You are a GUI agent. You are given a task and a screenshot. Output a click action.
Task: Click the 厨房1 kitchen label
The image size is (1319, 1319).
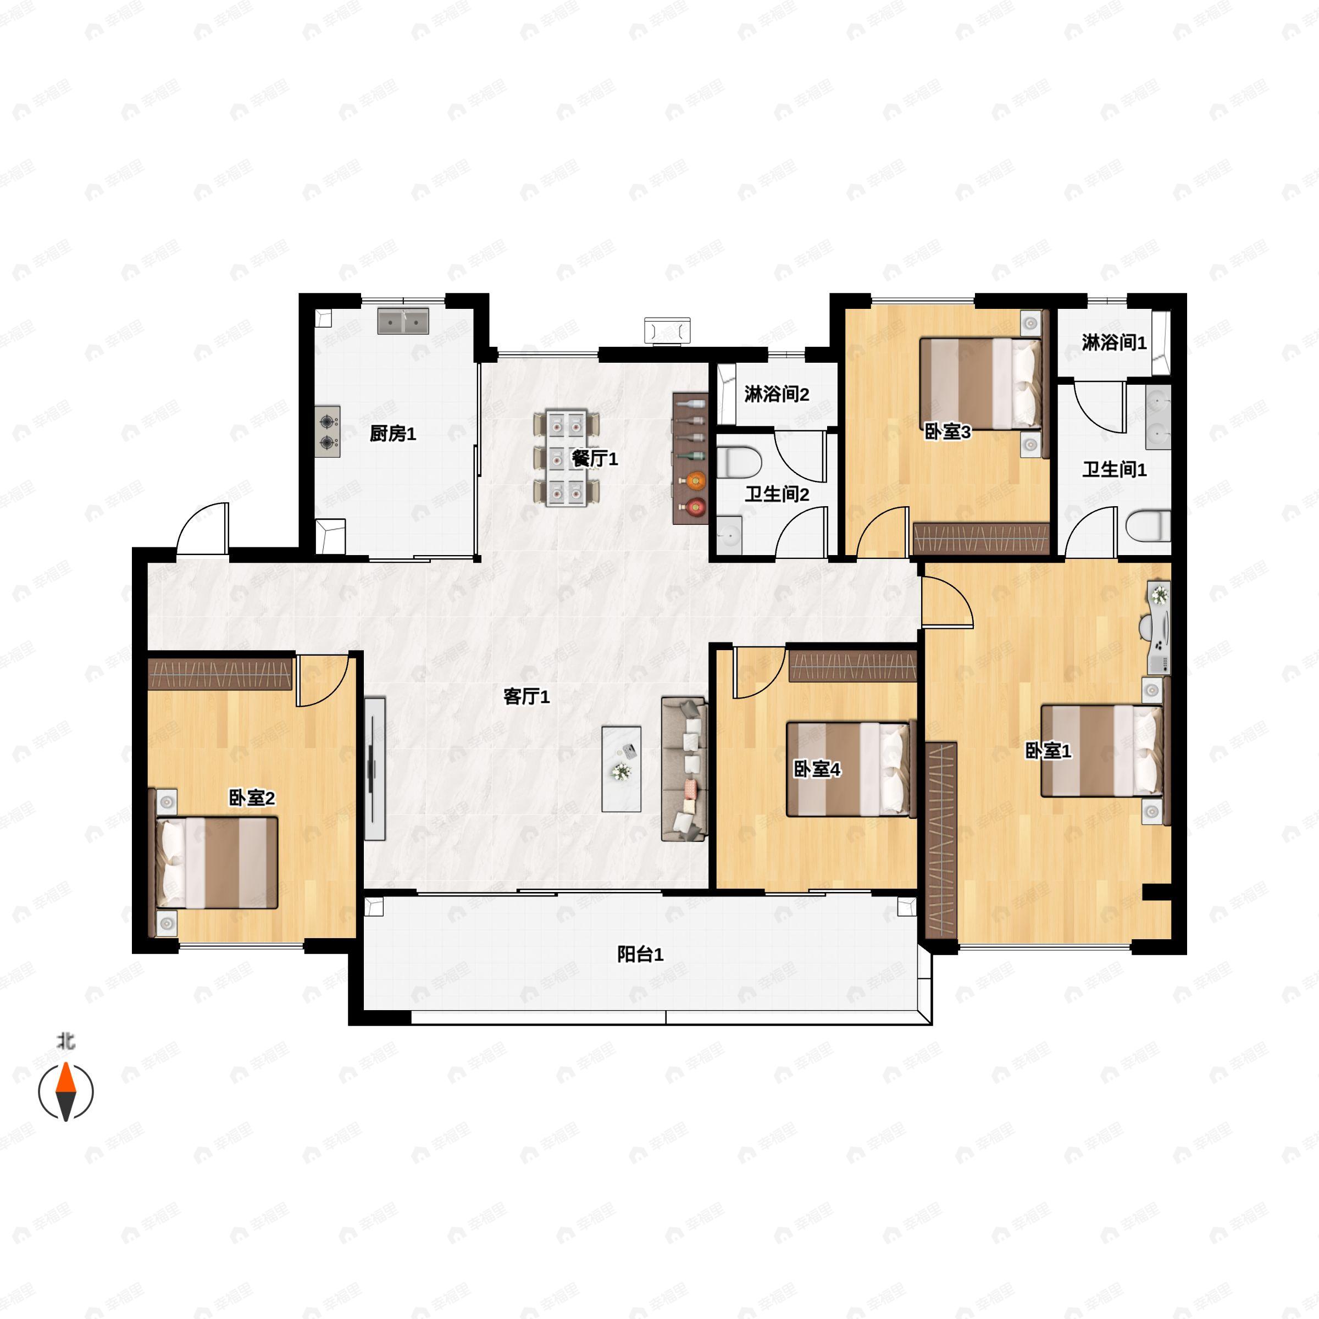392,434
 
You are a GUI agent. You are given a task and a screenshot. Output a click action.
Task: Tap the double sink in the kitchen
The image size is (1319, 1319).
403,321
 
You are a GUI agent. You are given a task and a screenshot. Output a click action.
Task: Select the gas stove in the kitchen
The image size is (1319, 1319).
328,431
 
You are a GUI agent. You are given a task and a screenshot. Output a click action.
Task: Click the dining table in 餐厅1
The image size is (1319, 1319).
567,458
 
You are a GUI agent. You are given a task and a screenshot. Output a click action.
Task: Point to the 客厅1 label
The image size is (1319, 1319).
527,696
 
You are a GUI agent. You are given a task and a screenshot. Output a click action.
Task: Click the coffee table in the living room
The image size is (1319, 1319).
621,769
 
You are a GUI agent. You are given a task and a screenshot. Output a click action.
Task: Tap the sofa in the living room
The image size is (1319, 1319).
684,769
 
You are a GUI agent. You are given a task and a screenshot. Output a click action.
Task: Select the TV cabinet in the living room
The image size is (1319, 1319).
375,769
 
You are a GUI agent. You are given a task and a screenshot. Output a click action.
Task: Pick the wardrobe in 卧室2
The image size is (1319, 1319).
220,674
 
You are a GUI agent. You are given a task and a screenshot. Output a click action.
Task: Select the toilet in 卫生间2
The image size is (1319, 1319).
739,462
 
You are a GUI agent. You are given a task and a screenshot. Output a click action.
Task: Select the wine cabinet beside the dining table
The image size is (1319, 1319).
691,458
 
